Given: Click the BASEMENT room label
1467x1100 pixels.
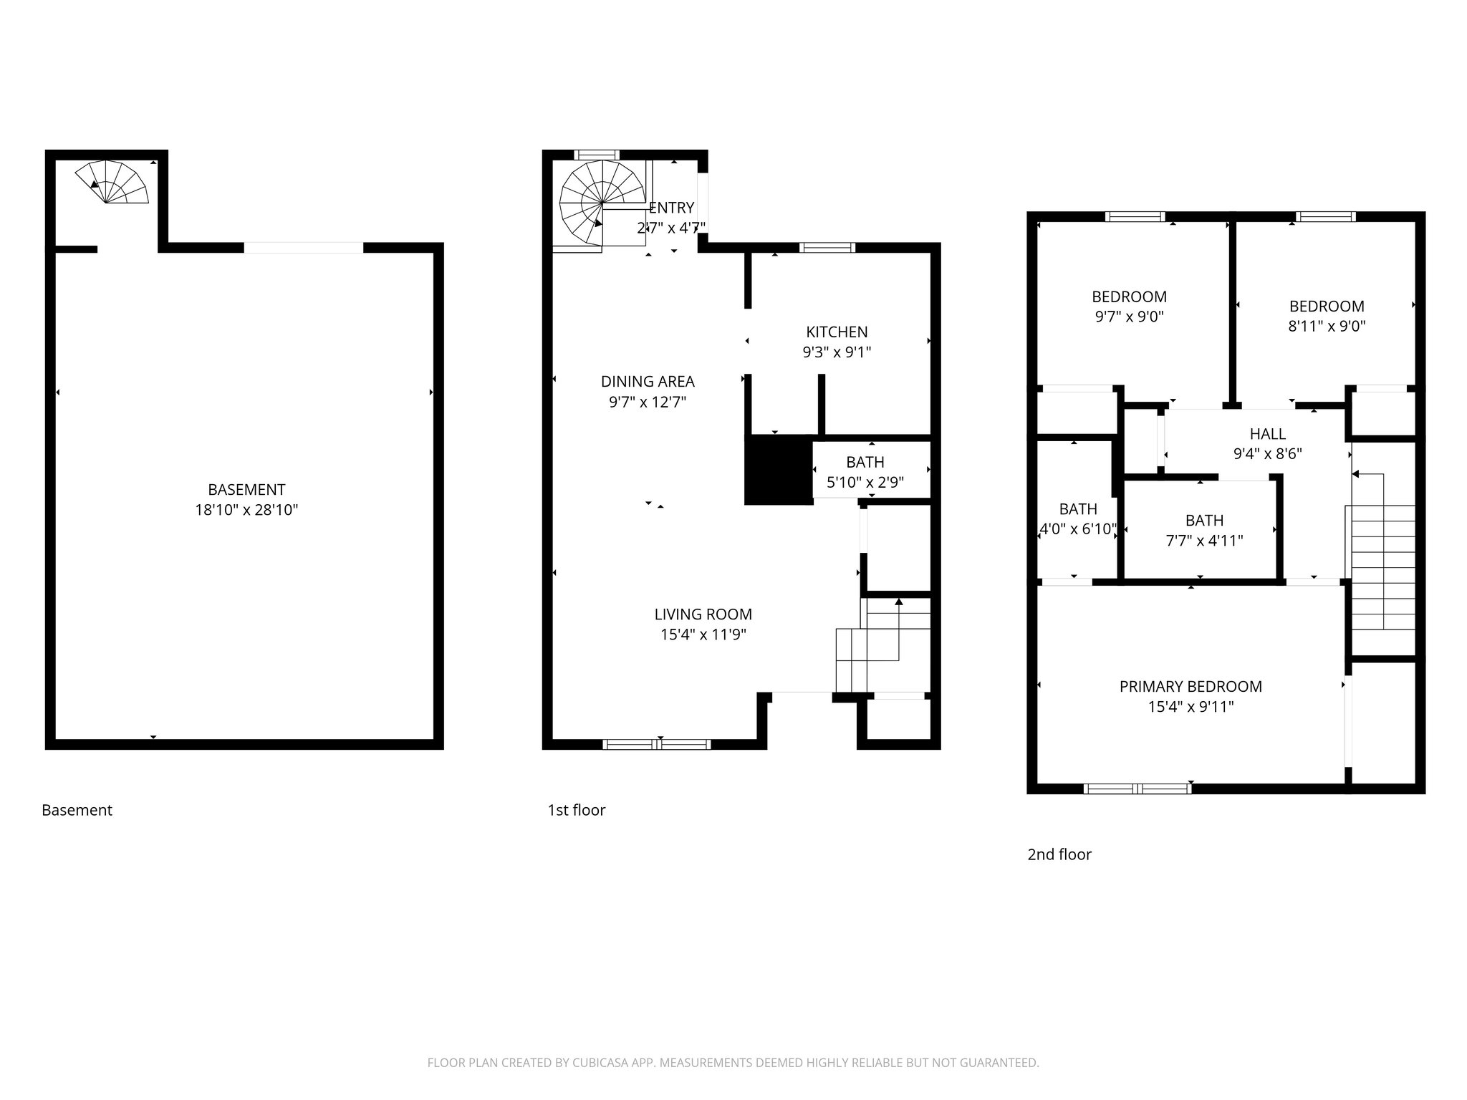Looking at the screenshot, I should pyautogui.click(x=246, y=490).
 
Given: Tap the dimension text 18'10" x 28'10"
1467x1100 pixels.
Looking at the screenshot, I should pyautogui.click(x=246, y=511).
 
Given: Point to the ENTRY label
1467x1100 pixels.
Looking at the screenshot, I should pyautogui.click(x=672, y=208).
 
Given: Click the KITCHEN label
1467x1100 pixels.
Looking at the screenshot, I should pyautogui.click(x=837, y=332).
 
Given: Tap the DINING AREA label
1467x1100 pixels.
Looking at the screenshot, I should pyautogui.click(x=648, y=382).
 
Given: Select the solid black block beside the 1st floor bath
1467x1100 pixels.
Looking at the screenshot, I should pyautogui.click(x=779, y=470).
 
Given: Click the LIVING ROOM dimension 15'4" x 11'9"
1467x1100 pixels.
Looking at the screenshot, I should pyautogui.click(x=703, y=635).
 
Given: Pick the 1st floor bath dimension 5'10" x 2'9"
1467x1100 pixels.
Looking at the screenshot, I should pyautogui.click(x=865, y=483).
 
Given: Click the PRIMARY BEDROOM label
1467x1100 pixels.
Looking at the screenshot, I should pyautogui.click(x=1191, y=687).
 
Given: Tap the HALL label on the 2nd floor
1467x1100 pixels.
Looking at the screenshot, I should pyautogui.click(x=1267, y=434).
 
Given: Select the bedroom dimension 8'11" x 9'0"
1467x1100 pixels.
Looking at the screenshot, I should pyautogui.click(x=1327, y=327).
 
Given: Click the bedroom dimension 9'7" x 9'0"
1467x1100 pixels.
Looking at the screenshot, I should pyautogui.click(x=1129, y=317).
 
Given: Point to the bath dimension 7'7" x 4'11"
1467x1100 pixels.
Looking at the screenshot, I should pyautogui.click(x=1204, y=541).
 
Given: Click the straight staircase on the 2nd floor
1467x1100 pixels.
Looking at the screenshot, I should pyautogui.click(x=1382, y=566).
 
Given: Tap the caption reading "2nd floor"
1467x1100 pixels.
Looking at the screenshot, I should pyautogui.click(x=1059, y=854).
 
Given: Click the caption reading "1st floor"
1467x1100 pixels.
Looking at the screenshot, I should pyautogui.click(x=577, y=810).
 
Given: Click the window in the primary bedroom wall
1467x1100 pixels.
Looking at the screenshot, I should pyautogui.click(x=1137, y=788).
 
